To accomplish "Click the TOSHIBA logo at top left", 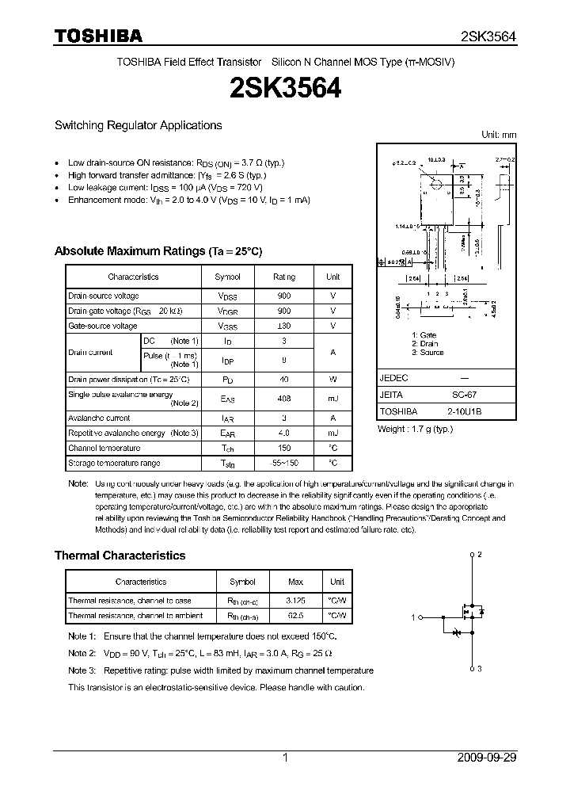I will (x=98, y=36).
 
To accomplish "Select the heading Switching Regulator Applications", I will (x=138, y=125).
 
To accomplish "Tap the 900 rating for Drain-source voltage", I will (x=284, y=296).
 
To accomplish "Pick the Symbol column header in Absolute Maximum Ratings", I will (x=228, y=277).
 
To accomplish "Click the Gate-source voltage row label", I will (x=103, y=326).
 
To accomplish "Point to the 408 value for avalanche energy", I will (x=284, y=399).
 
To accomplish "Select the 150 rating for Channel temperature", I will (x=284, y=448).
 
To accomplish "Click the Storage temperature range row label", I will (x=114, y=463).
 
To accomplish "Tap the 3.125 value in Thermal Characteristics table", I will (x=294, y=601).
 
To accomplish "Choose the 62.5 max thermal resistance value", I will (x=294, y=615).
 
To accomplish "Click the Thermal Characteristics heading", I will (x=120, y=556).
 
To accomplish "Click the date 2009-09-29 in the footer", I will (x=487, y=758).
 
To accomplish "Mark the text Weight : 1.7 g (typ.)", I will (x=415, y=429).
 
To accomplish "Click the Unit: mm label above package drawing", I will (x=499, y=135).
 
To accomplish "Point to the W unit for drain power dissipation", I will (x=332, y=380).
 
